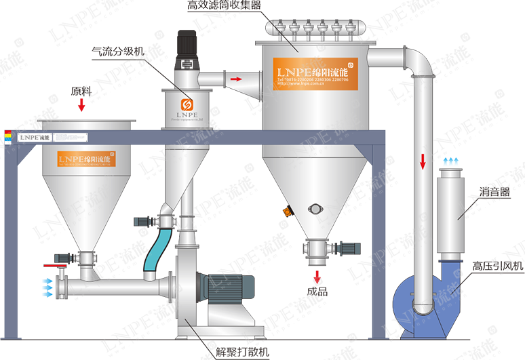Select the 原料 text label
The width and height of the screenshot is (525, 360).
81,90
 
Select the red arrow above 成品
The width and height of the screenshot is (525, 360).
317,277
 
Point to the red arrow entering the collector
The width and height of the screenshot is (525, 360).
235,79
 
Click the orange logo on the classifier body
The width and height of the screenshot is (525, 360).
187,105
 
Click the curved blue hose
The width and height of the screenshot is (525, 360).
157,248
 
